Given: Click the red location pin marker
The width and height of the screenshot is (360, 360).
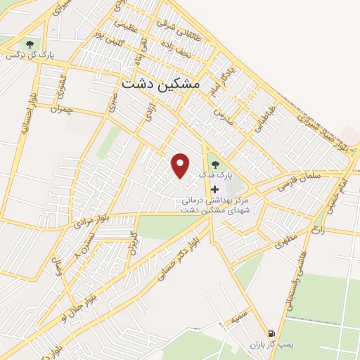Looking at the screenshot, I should click(181, 165).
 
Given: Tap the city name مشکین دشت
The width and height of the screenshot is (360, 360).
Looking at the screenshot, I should click(161, 83).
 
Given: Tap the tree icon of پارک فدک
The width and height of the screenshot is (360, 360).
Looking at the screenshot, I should click(214, 165).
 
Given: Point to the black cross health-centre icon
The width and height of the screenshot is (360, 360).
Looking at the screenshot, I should click(214, 189).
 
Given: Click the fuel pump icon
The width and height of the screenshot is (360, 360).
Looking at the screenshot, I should click(271, 333).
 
